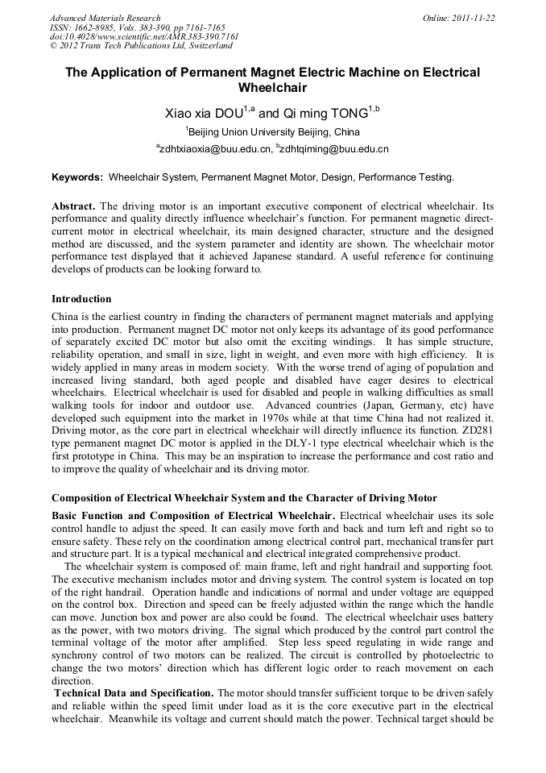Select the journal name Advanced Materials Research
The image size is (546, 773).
105,18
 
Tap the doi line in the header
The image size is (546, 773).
143,37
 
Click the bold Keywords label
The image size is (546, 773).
77,177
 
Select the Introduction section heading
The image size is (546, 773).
81,299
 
